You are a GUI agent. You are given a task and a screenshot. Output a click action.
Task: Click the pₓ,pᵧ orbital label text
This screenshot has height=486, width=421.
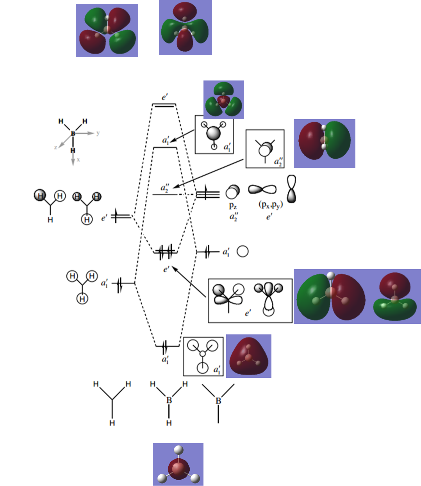pos(270,205)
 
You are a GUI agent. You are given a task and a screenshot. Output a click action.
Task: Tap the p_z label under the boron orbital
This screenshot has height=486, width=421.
pos(233,205)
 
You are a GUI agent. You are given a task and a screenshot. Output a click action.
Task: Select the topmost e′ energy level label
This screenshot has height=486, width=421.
pos(165,96)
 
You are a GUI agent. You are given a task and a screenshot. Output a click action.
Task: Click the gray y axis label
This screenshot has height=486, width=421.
pos(98,133)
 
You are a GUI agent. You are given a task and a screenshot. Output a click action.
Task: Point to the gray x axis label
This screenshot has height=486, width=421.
pos(78,159)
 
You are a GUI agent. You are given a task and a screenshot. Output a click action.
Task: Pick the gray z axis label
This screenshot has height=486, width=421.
pos(56,147)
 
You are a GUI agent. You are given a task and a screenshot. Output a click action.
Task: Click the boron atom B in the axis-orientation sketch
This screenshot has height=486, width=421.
pos(73,134)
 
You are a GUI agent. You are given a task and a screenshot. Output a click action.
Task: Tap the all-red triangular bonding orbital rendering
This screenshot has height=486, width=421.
pos(249,356)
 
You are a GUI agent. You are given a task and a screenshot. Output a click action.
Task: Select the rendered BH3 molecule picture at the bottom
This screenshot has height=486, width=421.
pos(178,465)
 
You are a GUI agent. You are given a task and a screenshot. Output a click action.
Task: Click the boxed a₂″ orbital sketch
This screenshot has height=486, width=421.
pos(265,149)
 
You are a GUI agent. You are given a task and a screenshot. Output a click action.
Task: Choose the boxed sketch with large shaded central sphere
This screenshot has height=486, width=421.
pos(214,134)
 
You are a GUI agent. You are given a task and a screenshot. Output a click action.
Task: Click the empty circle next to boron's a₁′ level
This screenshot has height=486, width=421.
pos(243,251)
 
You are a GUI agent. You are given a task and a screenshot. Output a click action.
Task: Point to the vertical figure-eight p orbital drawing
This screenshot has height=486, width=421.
pos(291,189)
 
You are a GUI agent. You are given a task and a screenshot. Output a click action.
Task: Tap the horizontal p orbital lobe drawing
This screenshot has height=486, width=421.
pos(262,189)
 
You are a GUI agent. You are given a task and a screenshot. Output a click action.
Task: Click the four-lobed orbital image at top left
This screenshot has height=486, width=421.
pos(107,30)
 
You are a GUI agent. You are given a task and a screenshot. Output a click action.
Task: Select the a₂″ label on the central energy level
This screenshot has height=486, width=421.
pos(165,188)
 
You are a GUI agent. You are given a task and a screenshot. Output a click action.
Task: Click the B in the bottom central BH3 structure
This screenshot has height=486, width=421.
pos(169,400)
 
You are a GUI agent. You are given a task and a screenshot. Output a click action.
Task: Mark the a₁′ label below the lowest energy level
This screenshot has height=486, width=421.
pos(165,359)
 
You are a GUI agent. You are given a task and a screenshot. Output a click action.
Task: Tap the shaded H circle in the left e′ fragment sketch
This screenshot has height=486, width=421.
pos(40,195)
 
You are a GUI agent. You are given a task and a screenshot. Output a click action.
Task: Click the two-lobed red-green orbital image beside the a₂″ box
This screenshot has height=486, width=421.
pos(324,143)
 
